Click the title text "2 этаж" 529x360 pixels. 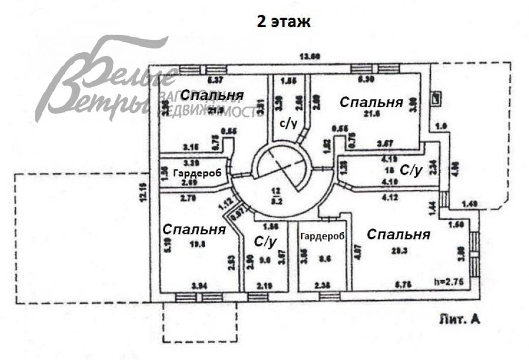[283, 22]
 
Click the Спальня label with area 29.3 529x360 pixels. [399, 234]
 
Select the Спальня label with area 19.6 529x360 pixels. [195, 229]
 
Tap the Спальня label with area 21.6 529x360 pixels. [371, 102]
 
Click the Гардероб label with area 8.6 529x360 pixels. [322, 236]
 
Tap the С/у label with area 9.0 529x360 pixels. [265, 241]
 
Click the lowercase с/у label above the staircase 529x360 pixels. [287, 124]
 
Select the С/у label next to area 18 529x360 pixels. [411, 171]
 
